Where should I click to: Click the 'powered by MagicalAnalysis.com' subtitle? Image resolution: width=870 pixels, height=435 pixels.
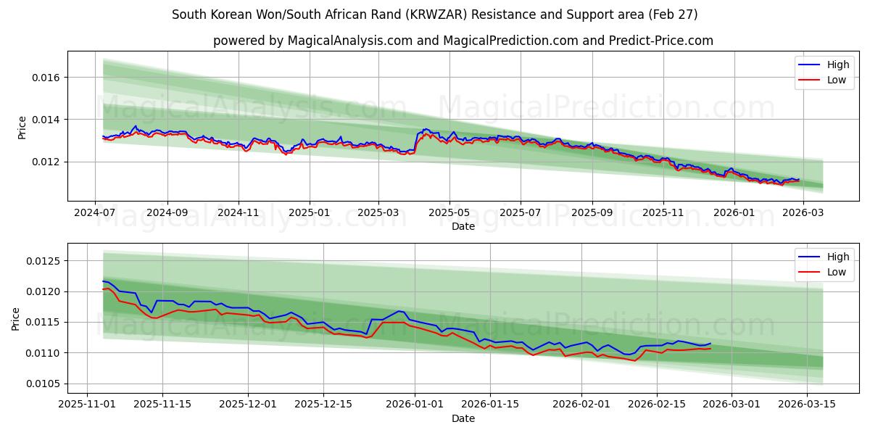point(463,41)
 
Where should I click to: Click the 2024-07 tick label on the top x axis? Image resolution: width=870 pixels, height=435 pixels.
point(96,212)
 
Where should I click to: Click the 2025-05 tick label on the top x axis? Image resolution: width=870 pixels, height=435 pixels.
point(449,212)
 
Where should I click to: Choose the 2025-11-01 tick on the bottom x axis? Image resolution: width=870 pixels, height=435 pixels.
point(88,405)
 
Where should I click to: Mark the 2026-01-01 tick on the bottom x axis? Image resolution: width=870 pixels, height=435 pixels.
point(415,405)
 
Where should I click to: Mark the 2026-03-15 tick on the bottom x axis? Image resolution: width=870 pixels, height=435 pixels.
point(807,405)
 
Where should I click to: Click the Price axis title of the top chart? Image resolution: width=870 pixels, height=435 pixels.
point(22,126)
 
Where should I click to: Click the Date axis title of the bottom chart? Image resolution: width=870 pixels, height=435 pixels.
point(463,418)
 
